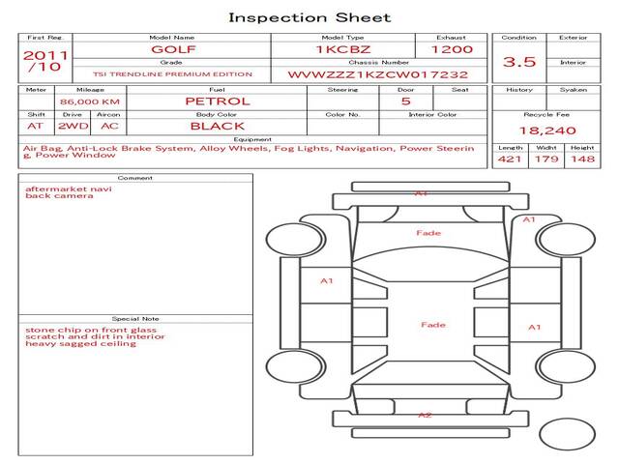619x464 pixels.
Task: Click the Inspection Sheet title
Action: pyautogui.click(x=309, y=17)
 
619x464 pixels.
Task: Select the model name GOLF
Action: pyautogui.click(x=171, y=48)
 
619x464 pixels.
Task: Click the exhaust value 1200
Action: pyautogui.click(x=451, y=48)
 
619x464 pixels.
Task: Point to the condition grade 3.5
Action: pyautogui.click(x=519, y=62)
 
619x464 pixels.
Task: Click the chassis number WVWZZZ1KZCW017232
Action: pyautogui.click(x=378, y=74)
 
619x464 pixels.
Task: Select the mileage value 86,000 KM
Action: pyautogui.click(x=89, y=101)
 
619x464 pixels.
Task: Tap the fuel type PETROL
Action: pyautogui.click(x=217, y=101)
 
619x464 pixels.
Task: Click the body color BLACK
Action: pyautogui.click(x=217, y=126)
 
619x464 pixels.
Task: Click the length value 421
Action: pyautogui.click(x=510, y=159)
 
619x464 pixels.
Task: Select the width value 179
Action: pyautogui.click(x=546, y=159)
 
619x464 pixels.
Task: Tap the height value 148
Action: pyautogui.click(x=582, y=159)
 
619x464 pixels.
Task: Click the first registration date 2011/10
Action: pyautogui.click(x=45, y=61)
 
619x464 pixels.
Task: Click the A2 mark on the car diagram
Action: pyautogui.click(x=425, y=415)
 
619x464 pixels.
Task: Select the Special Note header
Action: pyautogui.click(x=135, y=318)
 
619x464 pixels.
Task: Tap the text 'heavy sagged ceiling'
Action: pyautogui.click(x=67, y=344)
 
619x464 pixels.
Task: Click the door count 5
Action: pyautogui.click(x=405, y=101)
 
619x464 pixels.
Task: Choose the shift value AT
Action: pyautogui.click(x=36, y=126)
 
